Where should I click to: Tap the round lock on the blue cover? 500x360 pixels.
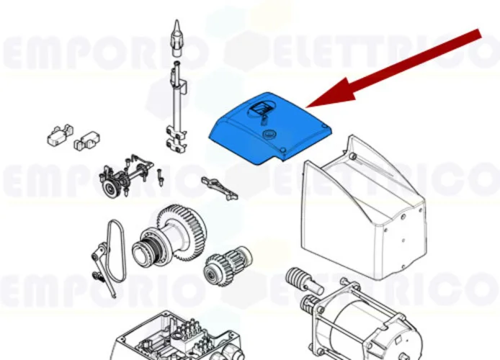point(271,134)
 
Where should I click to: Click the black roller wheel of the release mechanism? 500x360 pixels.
point(110,189)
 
